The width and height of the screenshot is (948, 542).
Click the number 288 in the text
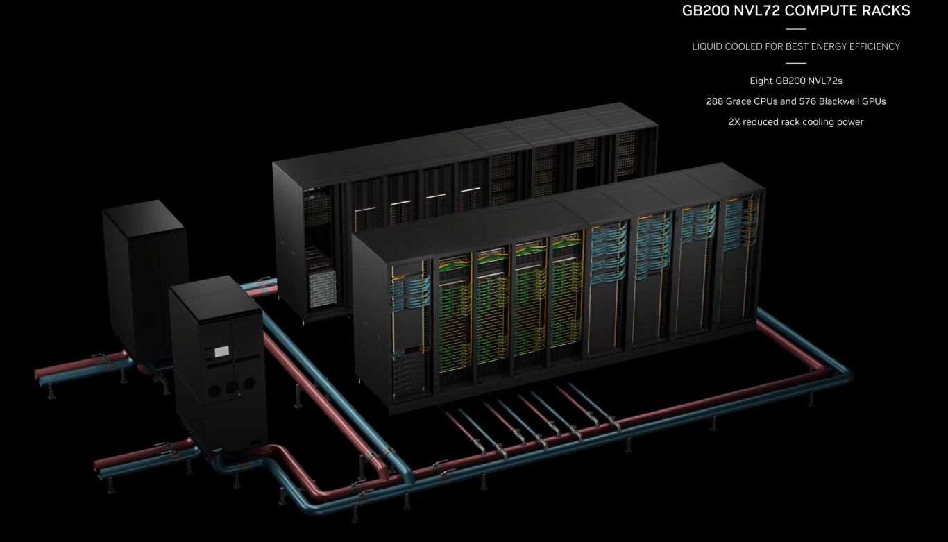click(x=714, y=101)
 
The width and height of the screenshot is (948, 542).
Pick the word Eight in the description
click(x=761, y=81)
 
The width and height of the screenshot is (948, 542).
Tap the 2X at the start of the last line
click(x=734, y=122)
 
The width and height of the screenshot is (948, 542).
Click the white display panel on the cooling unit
click(x=222, y=351)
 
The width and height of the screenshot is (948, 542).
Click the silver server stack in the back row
click(x=323, y=288)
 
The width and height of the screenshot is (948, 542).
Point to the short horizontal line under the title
click(x=795, y=29)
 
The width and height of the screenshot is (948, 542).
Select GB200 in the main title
click(x=706, y=10)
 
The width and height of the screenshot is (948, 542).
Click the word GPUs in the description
click(x=874, y=101)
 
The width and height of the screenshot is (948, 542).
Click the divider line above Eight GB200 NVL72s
click(x=795, y=63)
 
